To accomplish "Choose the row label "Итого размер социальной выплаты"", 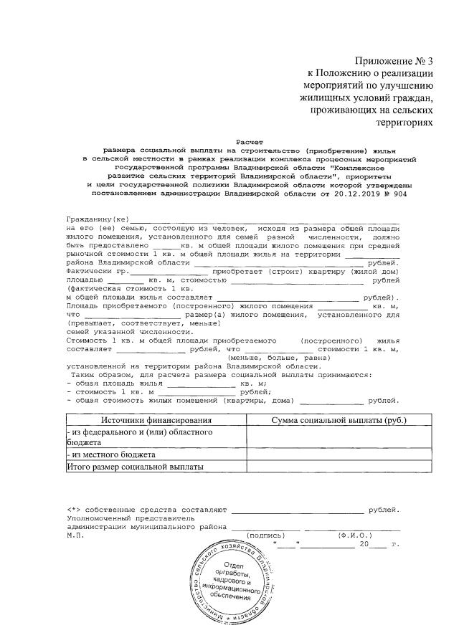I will [x=136, y=467].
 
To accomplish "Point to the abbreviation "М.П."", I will [x=75, y=535].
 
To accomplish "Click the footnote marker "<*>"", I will [x=75, y=509].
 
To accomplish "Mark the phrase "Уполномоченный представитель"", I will [x=130, y=518].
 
